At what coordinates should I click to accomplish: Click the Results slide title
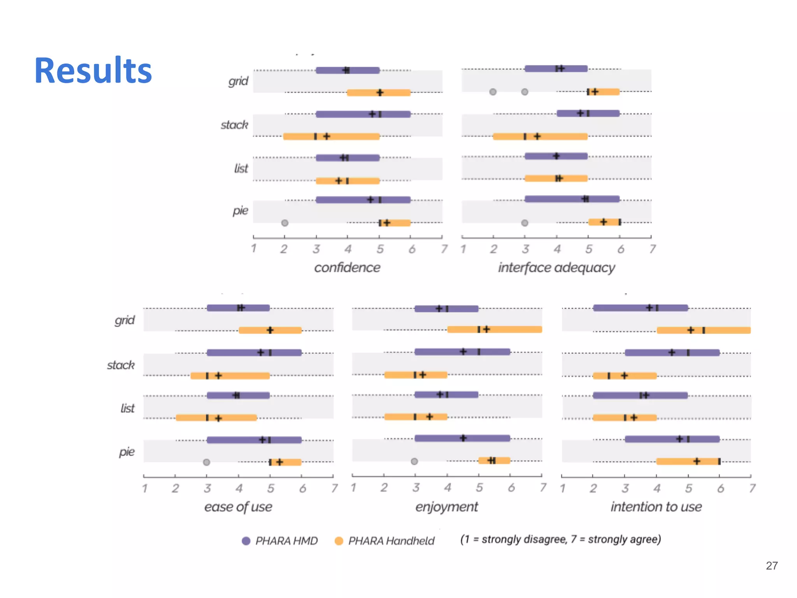pos(93,70)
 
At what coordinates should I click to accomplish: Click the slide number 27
pos(771,566)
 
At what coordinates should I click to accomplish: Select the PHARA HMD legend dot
pos(246,541)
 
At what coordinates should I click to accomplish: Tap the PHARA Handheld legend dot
pos(339,541)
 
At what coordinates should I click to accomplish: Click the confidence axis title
pos(347,267)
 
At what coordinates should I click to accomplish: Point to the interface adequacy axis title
pos(556,268)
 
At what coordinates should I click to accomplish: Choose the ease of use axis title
pos(238,507)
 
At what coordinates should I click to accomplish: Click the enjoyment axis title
pos(446,507)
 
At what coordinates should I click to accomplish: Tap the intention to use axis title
pos(656,507)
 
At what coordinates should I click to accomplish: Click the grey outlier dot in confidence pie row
pos(285,223)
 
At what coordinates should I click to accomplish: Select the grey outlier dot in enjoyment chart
pos(414,461)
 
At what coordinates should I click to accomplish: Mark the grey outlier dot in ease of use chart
pos(207,462)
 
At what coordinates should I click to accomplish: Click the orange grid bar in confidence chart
pos(379,93)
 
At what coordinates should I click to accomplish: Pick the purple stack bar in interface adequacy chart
pos(588,113)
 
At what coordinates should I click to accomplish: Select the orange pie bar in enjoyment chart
pos(494,461)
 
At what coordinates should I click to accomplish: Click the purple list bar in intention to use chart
pos(640,396)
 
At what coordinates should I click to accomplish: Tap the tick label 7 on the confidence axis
pos(444,249)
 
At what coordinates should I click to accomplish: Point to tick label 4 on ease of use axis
pos(239,488)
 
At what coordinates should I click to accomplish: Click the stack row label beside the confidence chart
pos(234,125)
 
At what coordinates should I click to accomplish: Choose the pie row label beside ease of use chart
pos(127,452)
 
